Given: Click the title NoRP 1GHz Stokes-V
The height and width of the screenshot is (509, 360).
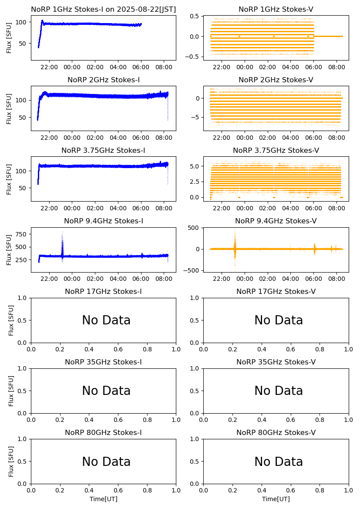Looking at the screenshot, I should click(276, 10).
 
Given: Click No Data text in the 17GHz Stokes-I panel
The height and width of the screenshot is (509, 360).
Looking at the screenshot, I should click(106, 320).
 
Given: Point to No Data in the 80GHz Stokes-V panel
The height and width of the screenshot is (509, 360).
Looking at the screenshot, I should click(279, 462).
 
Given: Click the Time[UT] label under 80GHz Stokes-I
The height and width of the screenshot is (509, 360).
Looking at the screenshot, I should click(104, 499).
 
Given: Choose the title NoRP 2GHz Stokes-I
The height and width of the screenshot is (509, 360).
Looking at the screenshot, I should click(104, 80).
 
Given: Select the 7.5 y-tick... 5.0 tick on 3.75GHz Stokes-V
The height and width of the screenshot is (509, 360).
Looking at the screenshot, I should click(194, 166).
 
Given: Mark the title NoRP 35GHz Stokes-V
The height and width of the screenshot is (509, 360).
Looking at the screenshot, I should click(276, 362).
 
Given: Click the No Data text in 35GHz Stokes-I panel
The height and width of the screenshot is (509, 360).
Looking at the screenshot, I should click(106, 391).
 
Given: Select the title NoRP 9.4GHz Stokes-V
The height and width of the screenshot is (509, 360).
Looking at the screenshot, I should click(276, 221).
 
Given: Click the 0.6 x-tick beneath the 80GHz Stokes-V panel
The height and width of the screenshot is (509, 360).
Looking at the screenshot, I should click(291, 490).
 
